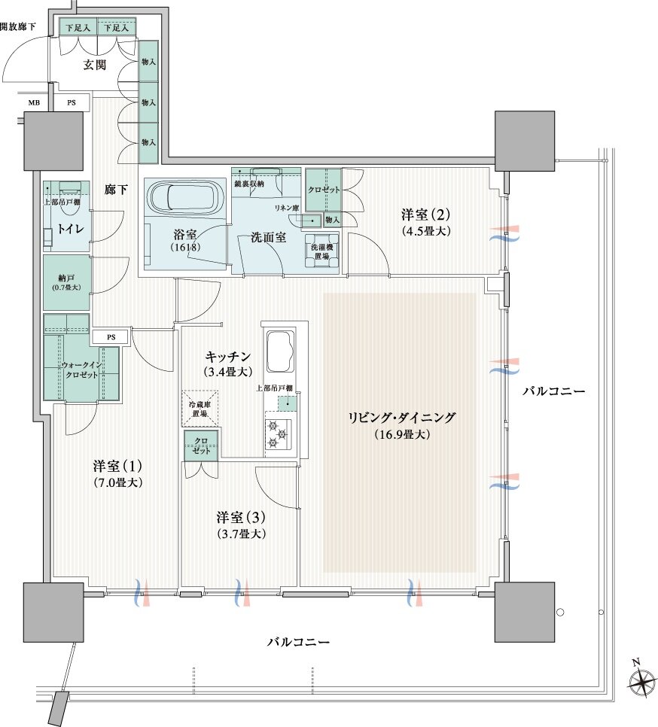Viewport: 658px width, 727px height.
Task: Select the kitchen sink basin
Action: [282, 350]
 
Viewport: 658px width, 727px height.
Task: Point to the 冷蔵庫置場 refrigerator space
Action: [200, 409]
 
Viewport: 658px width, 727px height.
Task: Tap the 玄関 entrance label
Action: [94, 65]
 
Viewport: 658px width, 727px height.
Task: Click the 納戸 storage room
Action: [66, 282]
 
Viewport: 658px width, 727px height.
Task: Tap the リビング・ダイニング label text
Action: [401, 418]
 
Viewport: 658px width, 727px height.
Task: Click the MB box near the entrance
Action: [34, 102]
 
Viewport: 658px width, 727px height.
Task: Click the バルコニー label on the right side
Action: [553, 391]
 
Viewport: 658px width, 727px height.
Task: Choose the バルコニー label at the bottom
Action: [299, 642]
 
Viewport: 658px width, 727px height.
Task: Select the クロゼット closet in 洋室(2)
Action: [324, 188]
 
